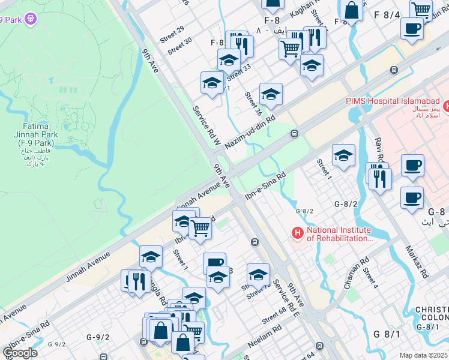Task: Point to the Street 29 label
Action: [x=172, y=34]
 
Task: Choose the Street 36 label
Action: [x=253, y=104]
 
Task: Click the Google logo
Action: [x=20, y=353]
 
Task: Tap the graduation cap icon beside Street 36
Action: [x=271, y=94]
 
